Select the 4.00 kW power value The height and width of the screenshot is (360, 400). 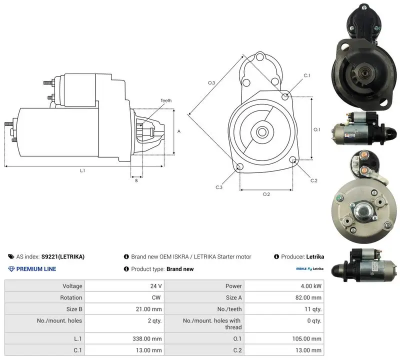tap(311, 286)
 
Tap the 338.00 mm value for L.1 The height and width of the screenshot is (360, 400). tap(147, 339)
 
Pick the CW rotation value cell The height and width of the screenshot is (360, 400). tap(156, 297)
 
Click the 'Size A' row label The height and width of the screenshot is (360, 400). tap(233, 297)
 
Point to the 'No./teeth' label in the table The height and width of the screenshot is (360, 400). tap(229, 309)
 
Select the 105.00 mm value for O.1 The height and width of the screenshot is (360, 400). tap(306, 339)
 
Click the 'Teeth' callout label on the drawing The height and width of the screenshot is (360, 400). tap(166, 100)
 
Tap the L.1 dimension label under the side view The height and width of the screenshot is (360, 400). tap(82, 170)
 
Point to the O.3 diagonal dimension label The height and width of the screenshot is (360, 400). tap(211, 82)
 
